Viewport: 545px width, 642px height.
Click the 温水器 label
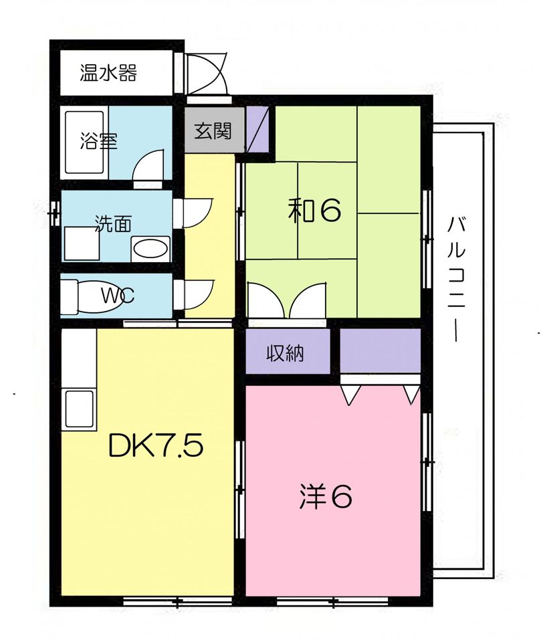point(108,73)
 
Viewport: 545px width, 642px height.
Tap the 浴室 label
point(98,141)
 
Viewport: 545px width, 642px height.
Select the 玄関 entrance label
point(213,130)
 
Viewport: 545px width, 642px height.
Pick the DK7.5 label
point(155,446)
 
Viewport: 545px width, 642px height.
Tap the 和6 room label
point(314,211)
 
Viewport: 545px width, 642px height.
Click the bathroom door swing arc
point(148,165)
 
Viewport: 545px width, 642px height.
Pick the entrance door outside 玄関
point(207,75)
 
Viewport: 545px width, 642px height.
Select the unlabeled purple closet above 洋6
point(380,350)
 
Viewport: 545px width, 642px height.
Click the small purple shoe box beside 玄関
point(257,130)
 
